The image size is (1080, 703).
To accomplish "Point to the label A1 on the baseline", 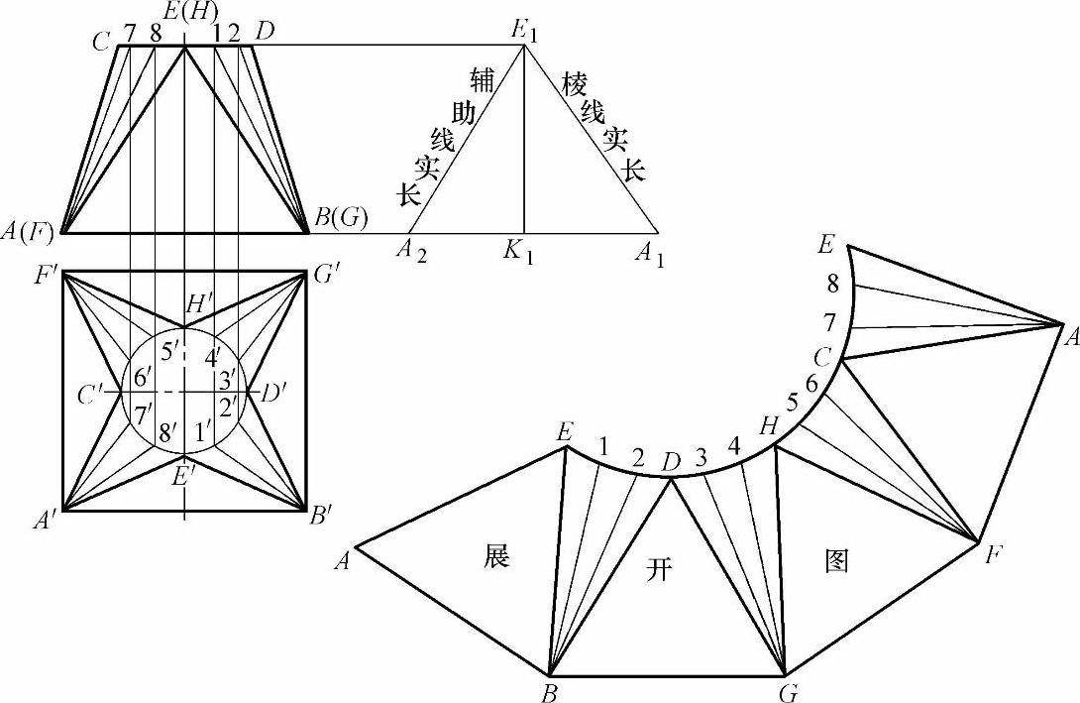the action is tap(649, 255).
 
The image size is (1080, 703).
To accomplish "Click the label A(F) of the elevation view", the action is tap(30, 234).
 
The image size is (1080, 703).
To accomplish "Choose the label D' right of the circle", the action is tap(273, 394).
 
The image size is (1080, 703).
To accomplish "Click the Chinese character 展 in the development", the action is tap(497, 555).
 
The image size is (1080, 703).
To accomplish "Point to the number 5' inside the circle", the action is tap(170, 350).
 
